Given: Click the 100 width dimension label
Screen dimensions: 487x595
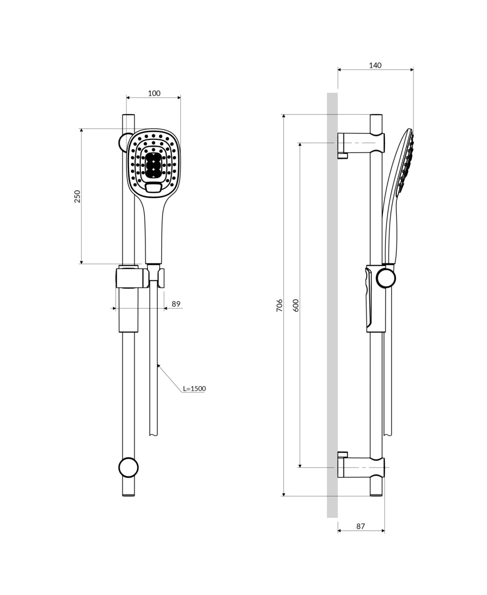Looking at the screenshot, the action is tap(154, 93).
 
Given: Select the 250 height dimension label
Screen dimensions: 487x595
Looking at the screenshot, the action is tap(77, 196).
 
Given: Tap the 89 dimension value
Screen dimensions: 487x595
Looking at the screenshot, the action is tap(176, 304).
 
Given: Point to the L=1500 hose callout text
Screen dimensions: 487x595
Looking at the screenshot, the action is tap(194, 389).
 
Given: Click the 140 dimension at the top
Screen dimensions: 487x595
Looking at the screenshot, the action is tap(375, 66).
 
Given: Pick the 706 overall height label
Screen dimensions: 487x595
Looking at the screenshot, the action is tap(279, 305).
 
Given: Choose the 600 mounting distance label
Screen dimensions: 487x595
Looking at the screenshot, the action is tap(295, 305).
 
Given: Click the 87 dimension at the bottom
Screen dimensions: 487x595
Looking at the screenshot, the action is tap(360, 526).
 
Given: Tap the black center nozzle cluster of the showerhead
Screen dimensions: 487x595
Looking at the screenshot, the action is tap(153, 165).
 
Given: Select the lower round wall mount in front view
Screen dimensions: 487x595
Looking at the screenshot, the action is tap(128, 468).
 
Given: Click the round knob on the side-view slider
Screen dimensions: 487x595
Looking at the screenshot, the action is tap(386, 278).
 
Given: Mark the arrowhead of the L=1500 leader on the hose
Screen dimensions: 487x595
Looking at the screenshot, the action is tap(158, 365).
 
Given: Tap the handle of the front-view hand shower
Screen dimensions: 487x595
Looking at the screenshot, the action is tap(153, 231).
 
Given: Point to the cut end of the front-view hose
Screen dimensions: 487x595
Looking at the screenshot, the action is tap(153, 435).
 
